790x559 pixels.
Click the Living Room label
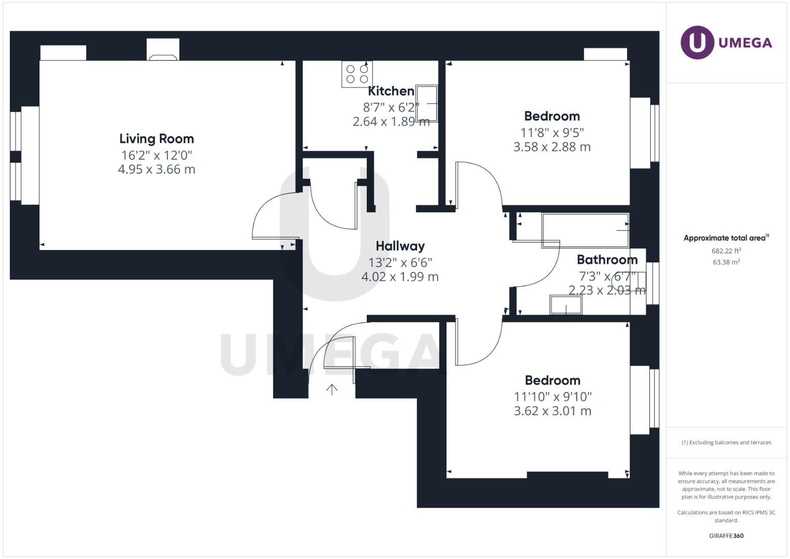(x=156, y=139)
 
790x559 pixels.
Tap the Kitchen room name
(x=391, y=91)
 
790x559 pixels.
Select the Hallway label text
(x=400, y=246)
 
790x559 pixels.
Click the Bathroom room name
(x=607, y=259)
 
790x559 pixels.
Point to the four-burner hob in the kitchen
(x=357, y=74)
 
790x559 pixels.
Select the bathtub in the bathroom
(x=585, y=230)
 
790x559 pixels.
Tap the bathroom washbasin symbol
(x=565, y=305)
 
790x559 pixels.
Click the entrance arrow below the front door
(x=332, y=389)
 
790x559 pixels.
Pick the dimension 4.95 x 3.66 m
(x=156, y=169)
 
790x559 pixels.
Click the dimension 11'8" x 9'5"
(x=551, y=133)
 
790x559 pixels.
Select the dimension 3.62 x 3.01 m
(x=552, y=411)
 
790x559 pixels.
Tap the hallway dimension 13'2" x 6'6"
(x=400, y=262)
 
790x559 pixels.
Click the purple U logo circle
(x=697, y=42)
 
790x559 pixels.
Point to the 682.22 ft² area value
(x=726, y=251)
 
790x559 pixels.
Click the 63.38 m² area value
(x=726, y=262)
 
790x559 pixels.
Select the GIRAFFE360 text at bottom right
(x=726, y=536)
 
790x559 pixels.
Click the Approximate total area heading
(x=725, y=238)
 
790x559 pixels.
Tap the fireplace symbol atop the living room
(x=163, y=51)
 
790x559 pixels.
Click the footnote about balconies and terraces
(x=726, y=443)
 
